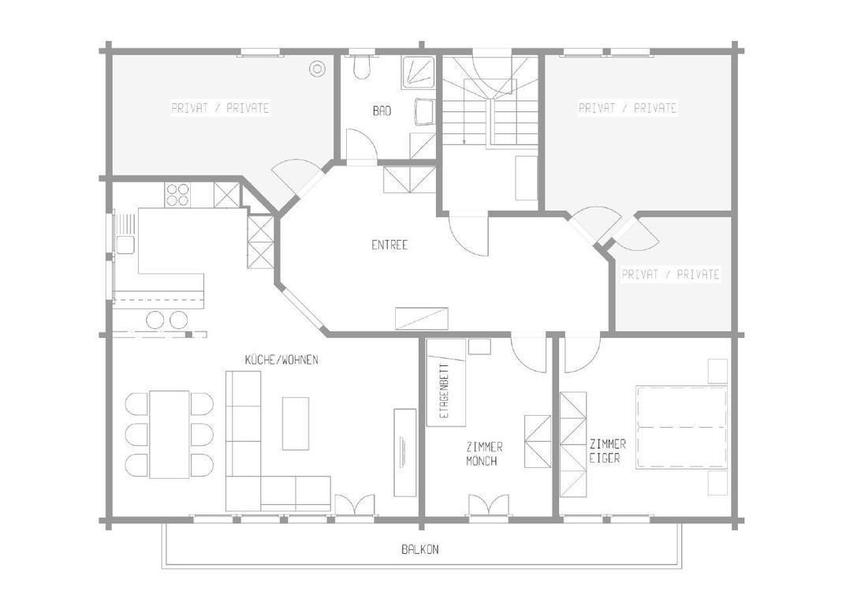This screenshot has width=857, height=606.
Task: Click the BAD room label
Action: tap(382, 111)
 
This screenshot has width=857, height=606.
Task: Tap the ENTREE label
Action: tap(389, 245)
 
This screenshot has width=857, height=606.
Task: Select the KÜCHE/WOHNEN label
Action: tap(281, 360)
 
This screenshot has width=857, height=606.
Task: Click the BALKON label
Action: tap(420, 550)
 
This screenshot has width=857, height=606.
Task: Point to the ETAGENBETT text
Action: tap(444, 391)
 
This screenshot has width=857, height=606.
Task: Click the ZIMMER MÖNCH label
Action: tap(484, 454)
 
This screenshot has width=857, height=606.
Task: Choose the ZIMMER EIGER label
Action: tap(607, 451)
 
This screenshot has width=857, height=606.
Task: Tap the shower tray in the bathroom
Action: tap(419, 72)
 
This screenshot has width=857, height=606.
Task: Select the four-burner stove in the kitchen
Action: tap(177, 195)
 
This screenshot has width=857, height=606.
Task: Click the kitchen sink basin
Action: tap(125, 245)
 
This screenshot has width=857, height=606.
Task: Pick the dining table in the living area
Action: tap(170, 434)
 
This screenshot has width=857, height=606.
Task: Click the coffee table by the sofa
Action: tap(296, 423)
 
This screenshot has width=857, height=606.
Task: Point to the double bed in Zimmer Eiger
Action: tap(681, 427)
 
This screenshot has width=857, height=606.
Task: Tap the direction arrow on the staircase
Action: tap(464, 124)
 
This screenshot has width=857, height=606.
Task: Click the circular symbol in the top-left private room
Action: tap(316, 69)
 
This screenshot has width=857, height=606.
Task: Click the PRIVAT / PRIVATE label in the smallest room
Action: tap(671, 274)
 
